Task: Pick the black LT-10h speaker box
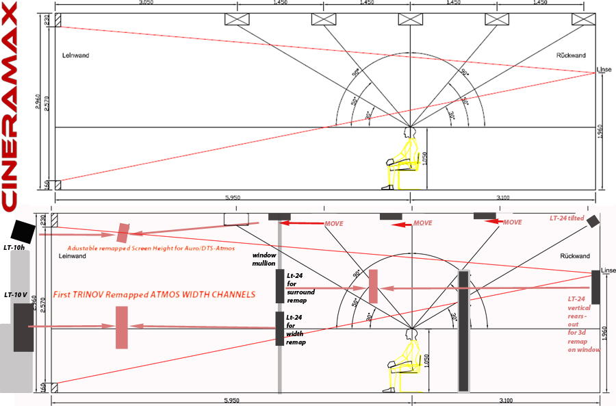[x=23, y=230]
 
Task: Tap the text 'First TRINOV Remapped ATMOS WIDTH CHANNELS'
[x=154, y=294]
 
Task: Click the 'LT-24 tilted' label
[x=567, y=218]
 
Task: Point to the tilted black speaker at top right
[x=592, y=220]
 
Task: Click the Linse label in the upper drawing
[x=605, y=70]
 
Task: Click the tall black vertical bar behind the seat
[x=464, y=330]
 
